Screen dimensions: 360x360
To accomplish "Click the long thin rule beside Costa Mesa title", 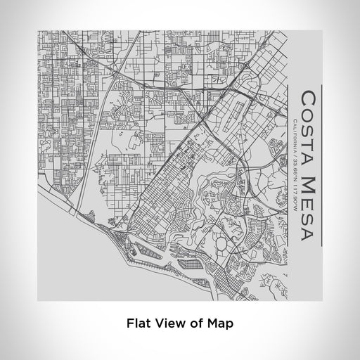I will click(321, 166).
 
